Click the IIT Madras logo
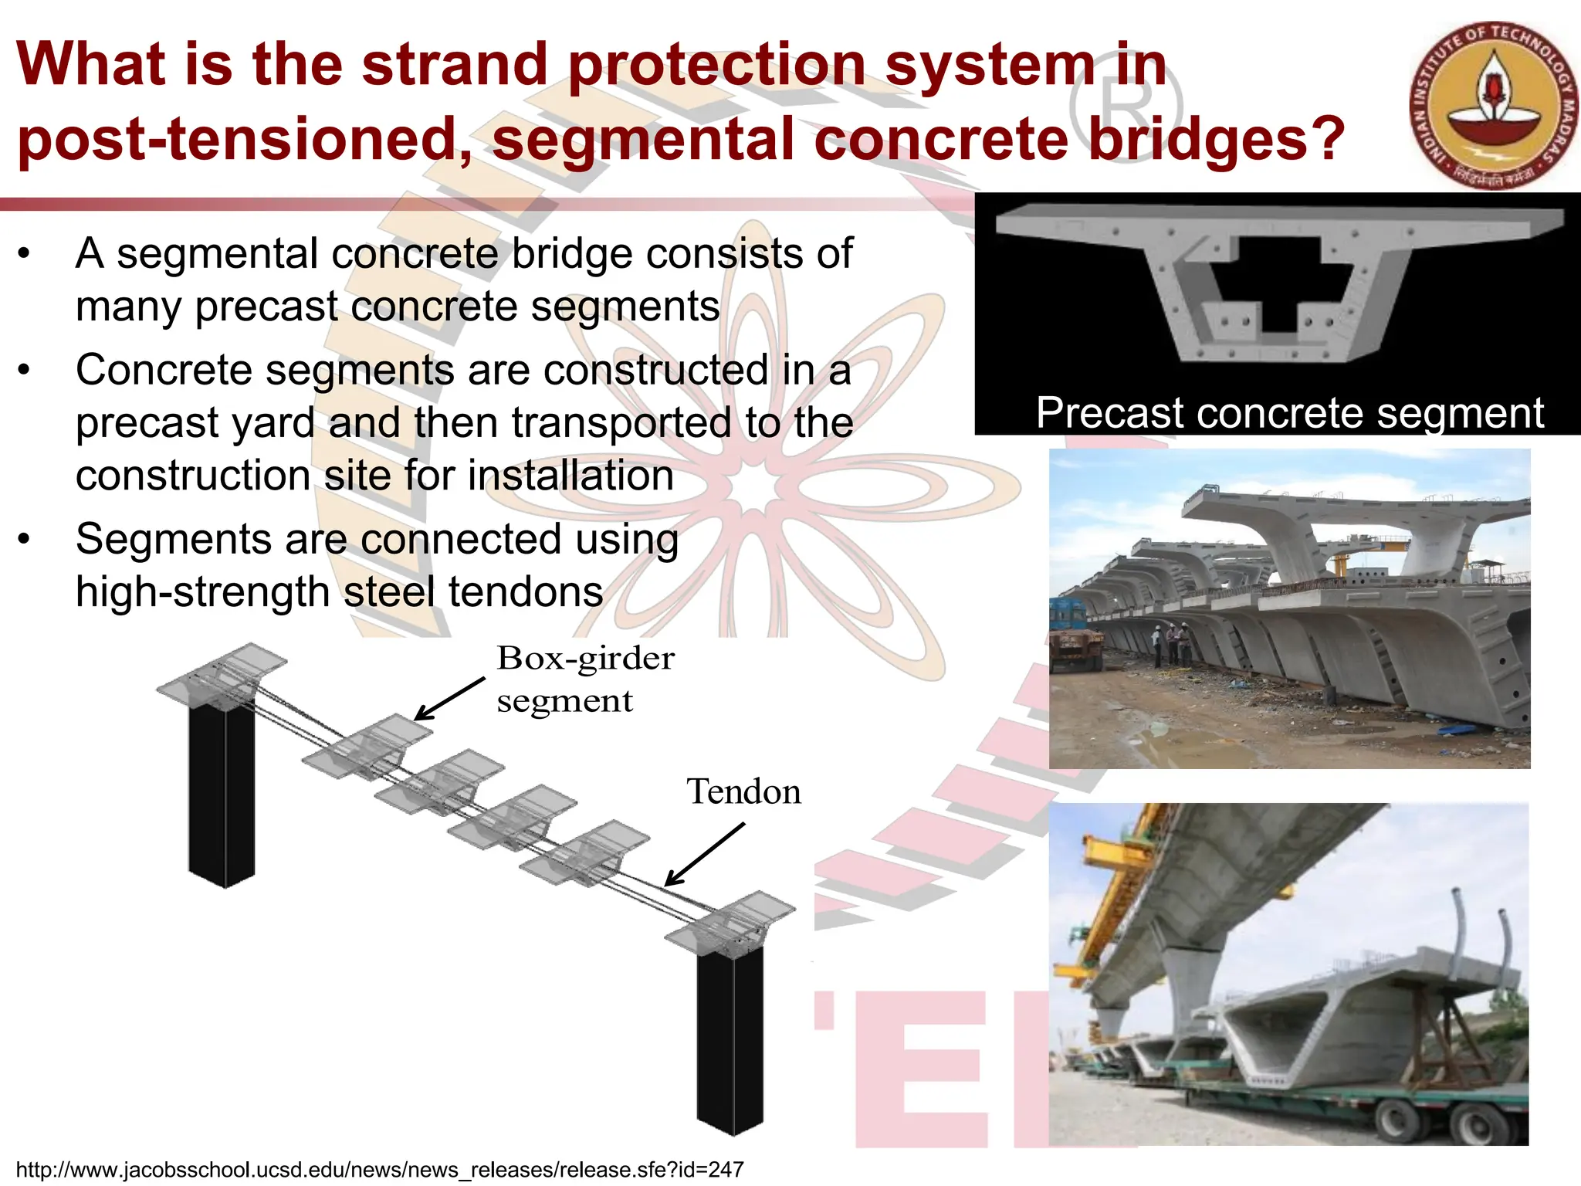point(1494,104)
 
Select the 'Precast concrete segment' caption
point(1289,413)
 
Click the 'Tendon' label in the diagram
point(743,792)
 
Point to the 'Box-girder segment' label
point(584,679)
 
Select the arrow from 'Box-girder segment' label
point(450,699)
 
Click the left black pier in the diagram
point(222,795)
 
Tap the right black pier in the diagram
point(729,1042)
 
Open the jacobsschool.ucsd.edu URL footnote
point(379,1170)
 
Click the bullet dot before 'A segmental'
point(25,253)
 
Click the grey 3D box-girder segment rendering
point(1278,286)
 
